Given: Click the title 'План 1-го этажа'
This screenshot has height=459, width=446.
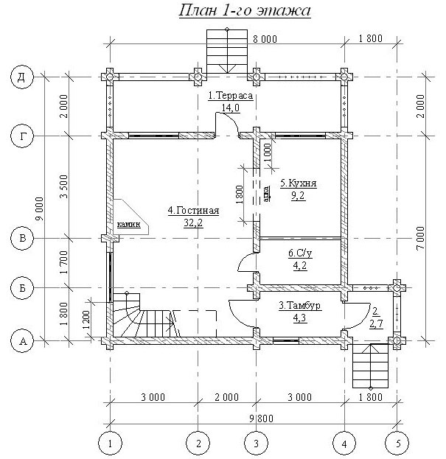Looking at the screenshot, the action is coord(245,11).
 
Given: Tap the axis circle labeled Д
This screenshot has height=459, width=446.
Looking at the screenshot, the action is coord(22,77).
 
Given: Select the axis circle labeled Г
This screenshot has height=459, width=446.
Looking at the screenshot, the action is coord(22,136).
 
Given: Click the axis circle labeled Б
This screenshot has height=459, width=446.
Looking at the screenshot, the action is coord(22,288).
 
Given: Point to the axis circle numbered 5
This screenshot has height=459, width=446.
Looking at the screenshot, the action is coord(397,444).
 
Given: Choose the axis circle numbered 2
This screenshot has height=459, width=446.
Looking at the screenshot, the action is coord(198,444).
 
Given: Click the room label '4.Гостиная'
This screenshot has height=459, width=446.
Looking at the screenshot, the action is coord(193,211).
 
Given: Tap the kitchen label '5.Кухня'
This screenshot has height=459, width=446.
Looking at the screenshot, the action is coord(299,183).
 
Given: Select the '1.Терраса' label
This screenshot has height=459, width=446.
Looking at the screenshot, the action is coord(231,96).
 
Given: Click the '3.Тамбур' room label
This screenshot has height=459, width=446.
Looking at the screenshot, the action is coord(299,306).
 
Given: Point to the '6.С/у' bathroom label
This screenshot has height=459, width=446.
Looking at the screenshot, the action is coord(300,253).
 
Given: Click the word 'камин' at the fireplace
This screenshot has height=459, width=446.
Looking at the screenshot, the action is coord(129,225).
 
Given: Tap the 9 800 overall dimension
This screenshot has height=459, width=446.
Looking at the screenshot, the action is coord(261,418).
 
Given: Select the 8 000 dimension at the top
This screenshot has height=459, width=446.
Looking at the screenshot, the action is coord(265,39).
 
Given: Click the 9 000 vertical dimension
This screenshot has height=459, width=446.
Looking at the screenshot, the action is coord(40,209).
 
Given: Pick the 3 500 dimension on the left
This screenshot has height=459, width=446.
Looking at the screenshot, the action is coord(64,186).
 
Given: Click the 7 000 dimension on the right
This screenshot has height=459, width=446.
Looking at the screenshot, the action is coord(420,238).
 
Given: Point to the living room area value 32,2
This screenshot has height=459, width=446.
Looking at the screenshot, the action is coord(193,224).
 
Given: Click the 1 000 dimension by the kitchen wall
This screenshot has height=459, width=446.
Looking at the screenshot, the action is coord(268,153).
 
